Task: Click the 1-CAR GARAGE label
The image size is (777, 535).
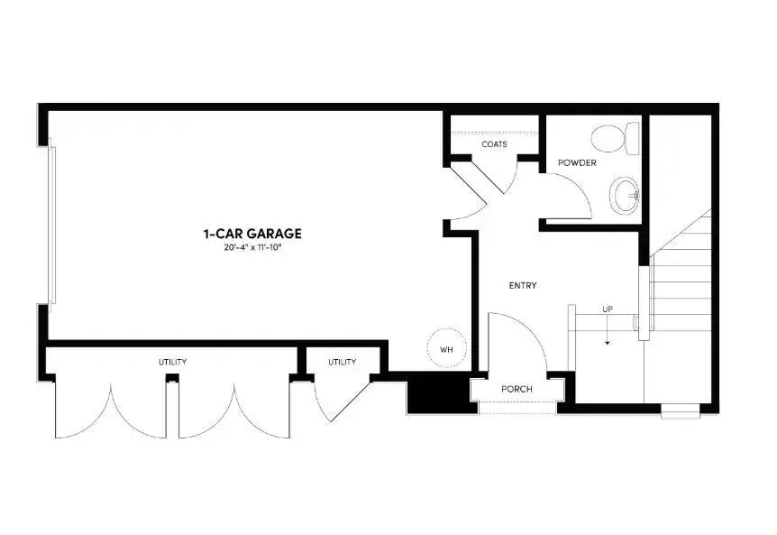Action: [251, 234]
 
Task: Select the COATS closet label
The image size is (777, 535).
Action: [494, 144]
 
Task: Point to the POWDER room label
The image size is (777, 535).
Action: [577, 163]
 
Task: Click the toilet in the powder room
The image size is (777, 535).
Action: [615, 138]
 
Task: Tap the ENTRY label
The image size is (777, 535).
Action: [523, 286]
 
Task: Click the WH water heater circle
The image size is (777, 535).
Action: [446, 348]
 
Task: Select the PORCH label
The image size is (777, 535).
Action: [517, 390]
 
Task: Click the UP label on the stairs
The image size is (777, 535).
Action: [608, 310]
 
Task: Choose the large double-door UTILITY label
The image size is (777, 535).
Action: [173, 362]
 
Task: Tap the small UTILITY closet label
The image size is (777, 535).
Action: [342, 362]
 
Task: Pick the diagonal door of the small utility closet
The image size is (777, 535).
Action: [346, 401]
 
